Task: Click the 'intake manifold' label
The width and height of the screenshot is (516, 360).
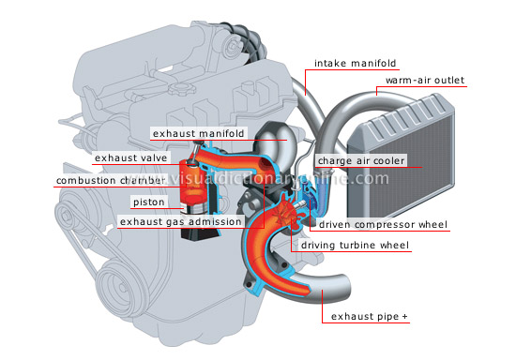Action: click(x=357, y=64)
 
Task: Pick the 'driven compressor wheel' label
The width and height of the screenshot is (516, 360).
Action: click(x=383, y=225)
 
